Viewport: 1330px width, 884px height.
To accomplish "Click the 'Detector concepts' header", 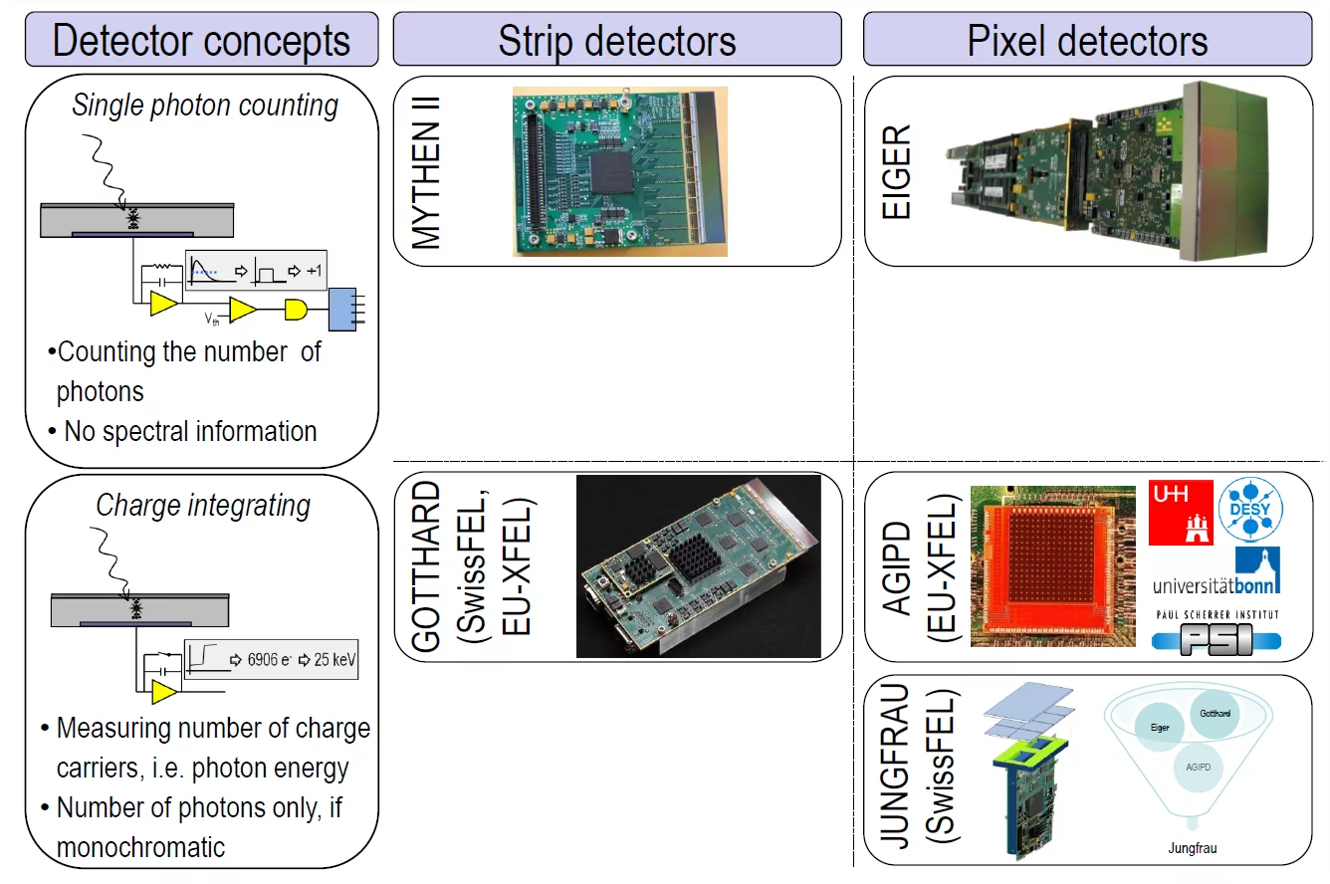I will tap(201, 41).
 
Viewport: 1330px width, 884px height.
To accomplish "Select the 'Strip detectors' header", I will tap(617, 41).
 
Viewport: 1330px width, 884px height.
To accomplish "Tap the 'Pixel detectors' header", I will tap(1087, 41).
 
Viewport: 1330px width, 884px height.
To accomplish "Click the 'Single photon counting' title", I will tap(205, 106).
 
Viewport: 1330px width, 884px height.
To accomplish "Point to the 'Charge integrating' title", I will tap(203, 506).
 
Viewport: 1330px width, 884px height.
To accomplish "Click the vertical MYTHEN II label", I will tap(426, 172).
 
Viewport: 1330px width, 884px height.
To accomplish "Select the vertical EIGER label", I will tap(896, 172).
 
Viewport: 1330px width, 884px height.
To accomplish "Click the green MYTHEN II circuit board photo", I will tap(619, 171).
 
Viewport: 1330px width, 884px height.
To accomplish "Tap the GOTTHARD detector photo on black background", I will tap(698, 565).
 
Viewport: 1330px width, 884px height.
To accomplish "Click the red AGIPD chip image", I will tap(1052, 565).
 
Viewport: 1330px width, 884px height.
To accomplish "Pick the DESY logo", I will tap(1250, 511).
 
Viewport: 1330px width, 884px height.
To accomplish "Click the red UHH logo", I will tap(1181, 512).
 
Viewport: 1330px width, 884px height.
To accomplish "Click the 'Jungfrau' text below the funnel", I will tap(1193, 849).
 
